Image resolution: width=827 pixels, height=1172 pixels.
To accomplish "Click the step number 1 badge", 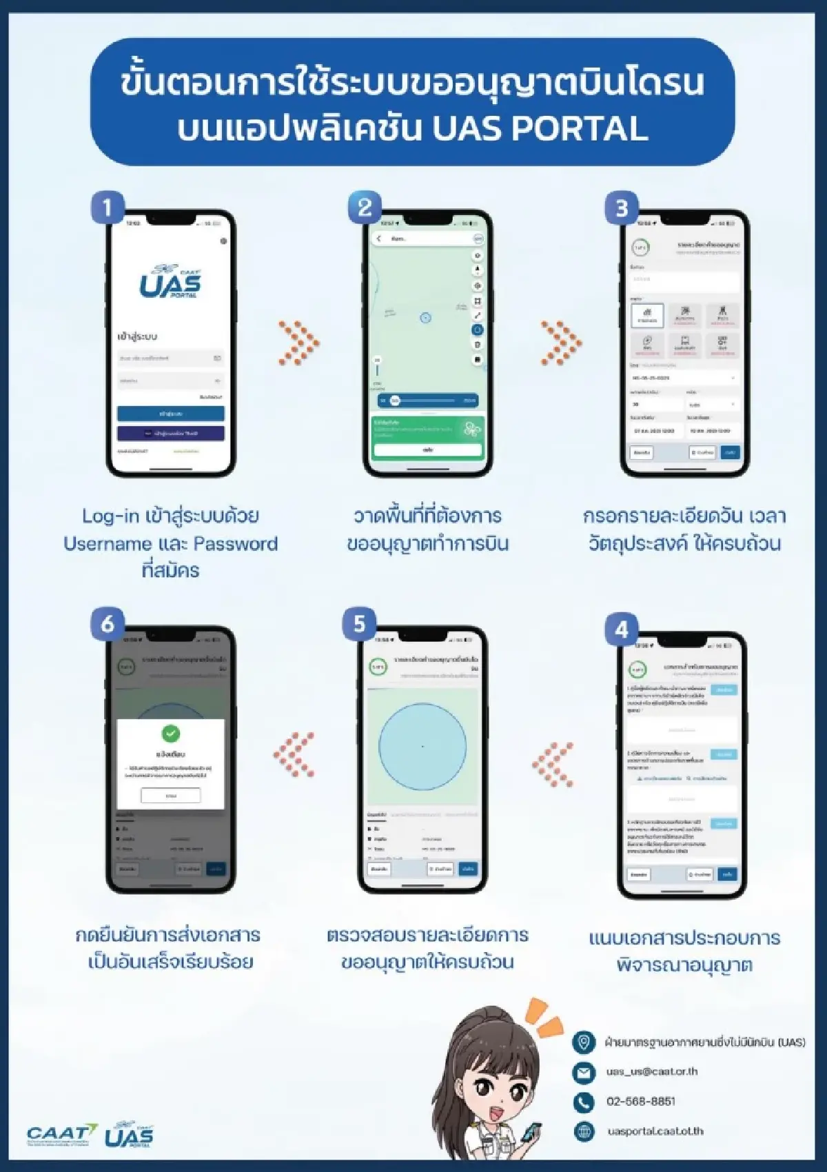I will [x=108, y=208].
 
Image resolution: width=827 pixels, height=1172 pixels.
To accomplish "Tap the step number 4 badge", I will [x=621, y=629].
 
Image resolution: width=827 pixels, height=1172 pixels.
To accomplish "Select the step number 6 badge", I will [x=108, y=624].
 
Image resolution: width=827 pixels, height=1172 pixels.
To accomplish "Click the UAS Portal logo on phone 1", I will [x=170, y=282].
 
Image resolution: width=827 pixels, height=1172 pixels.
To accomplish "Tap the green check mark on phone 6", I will [x=170, y=733].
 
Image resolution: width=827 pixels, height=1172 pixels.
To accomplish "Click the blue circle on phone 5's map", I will [x=422, y=747].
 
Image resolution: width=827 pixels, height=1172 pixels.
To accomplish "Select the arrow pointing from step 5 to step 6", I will [x=294, y=755].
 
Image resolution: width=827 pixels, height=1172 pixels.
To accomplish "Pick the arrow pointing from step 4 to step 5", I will [x=553, y=764].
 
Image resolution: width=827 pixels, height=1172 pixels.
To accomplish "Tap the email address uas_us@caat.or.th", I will [x=651, y=1071].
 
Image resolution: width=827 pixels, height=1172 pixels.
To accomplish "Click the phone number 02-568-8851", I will [x=640, y=1101].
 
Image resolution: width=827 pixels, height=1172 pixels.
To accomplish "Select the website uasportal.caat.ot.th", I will [x=655, y=1131].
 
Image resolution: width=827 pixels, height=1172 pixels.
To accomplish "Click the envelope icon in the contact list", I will [x=584, y=1072].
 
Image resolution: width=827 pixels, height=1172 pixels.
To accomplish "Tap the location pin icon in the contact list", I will [x=584, y=1042].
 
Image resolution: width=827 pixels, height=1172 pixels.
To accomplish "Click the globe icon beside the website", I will [x=584, y=1131].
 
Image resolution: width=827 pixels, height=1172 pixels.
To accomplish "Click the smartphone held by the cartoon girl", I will [x=531, y=1132].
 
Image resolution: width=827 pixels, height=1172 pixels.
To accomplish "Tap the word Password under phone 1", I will [x=235, y=543].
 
